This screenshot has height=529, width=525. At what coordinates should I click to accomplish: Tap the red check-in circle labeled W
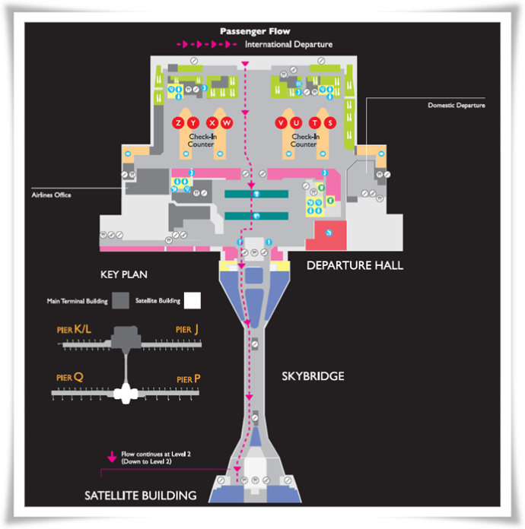[227, 123]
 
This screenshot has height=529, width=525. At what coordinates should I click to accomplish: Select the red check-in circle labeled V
[282, 123]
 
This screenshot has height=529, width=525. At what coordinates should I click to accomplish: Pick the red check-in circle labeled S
[329, 123]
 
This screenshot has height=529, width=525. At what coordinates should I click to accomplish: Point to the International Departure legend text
[288, 44]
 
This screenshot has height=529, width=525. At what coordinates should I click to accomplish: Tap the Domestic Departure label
[456, 105]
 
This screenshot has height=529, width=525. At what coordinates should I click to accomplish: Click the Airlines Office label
[52, 195]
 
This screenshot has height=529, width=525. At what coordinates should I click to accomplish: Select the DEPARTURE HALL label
[355, 265]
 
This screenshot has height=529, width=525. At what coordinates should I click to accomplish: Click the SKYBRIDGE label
[313, 376]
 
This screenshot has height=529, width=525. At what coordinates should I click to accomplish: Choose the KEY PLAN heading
[124, 274]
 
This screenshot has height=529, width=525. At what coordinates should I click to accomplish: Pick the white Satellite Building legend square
[193, 300]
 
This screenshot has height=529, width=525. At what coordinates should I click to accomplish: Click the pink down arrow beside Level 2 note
[112, 457]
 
